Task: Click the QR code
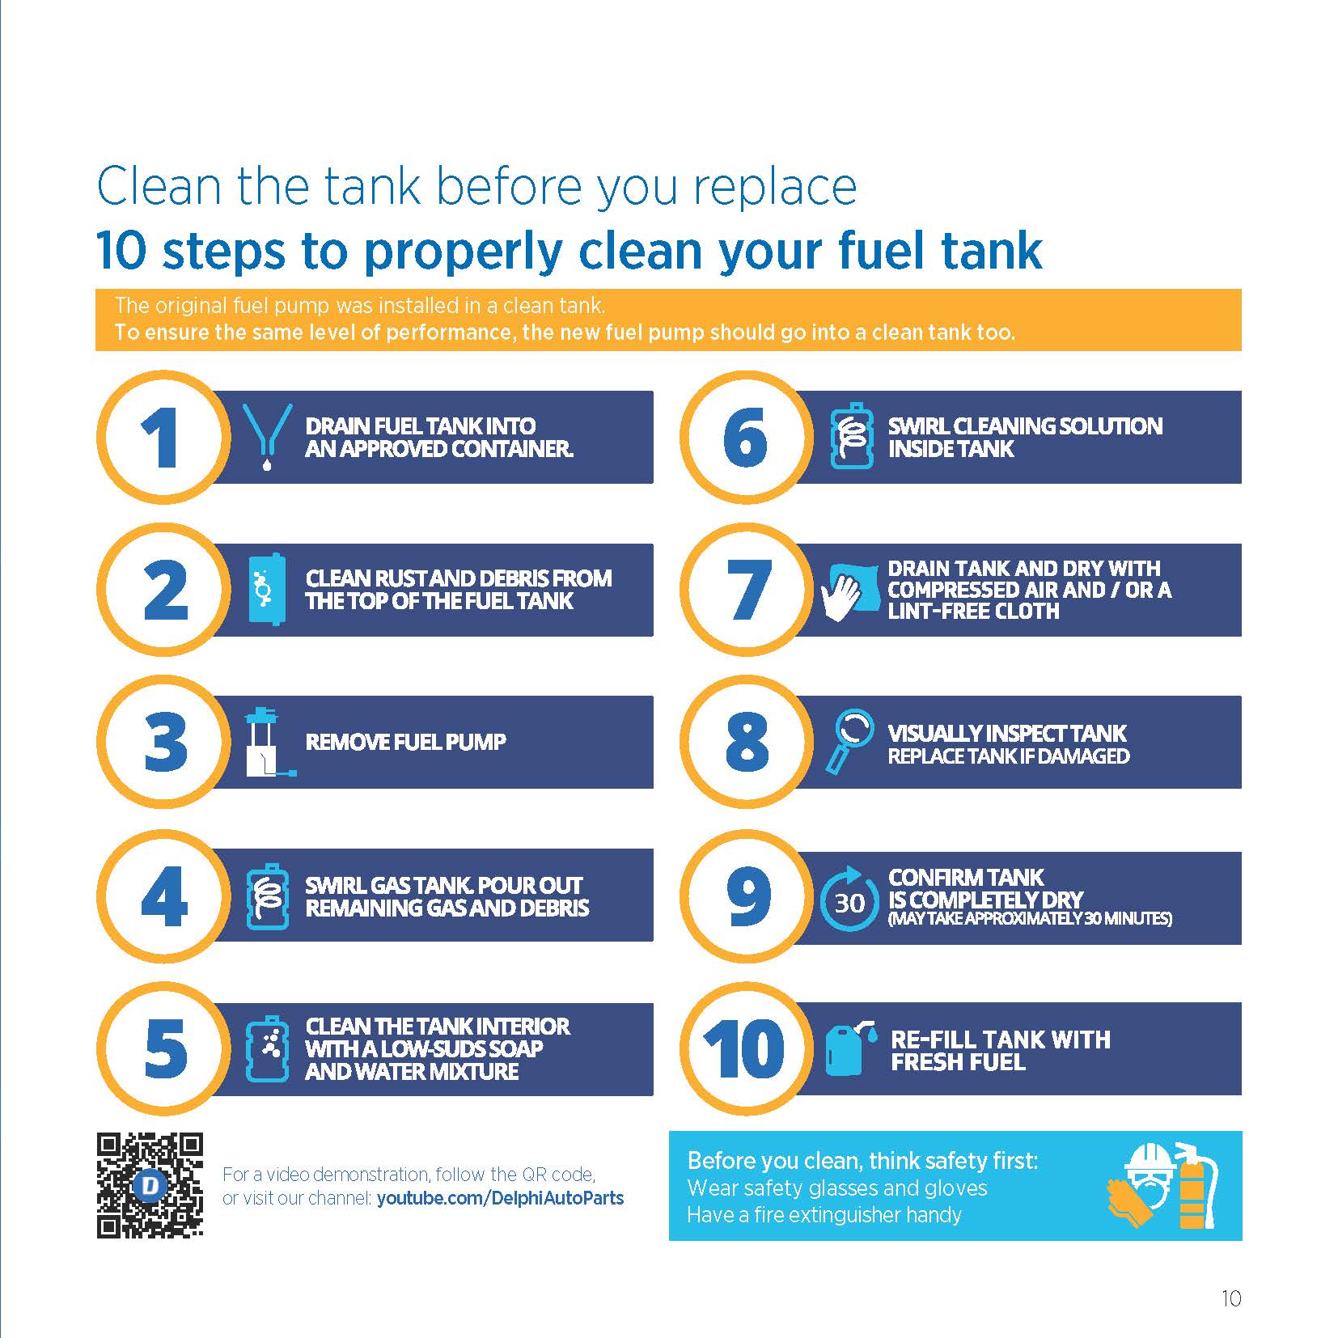point(150,1186)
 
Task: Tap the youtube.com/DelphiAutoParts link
point(500,1198)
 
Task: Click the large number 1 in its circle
point(160,438)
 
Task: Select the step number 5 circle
point(163,1049)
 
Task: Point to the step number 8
point(746,741)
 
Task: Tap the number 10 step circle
point(746,1049)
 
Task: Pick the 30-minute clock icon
point(849,899)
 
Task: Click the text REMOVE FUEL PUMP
point(405,742)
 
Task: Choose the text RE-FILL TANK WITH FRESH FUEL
point(1001,1050)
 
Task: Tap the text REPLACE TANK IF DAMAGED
point(1008,756)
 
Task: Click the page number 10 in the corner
point(1230,1298)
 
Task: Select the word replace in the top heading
point(774,188)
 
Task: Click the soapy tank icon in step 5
point(267,1049)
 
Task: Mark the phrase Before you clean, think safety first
point(862,1161)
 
